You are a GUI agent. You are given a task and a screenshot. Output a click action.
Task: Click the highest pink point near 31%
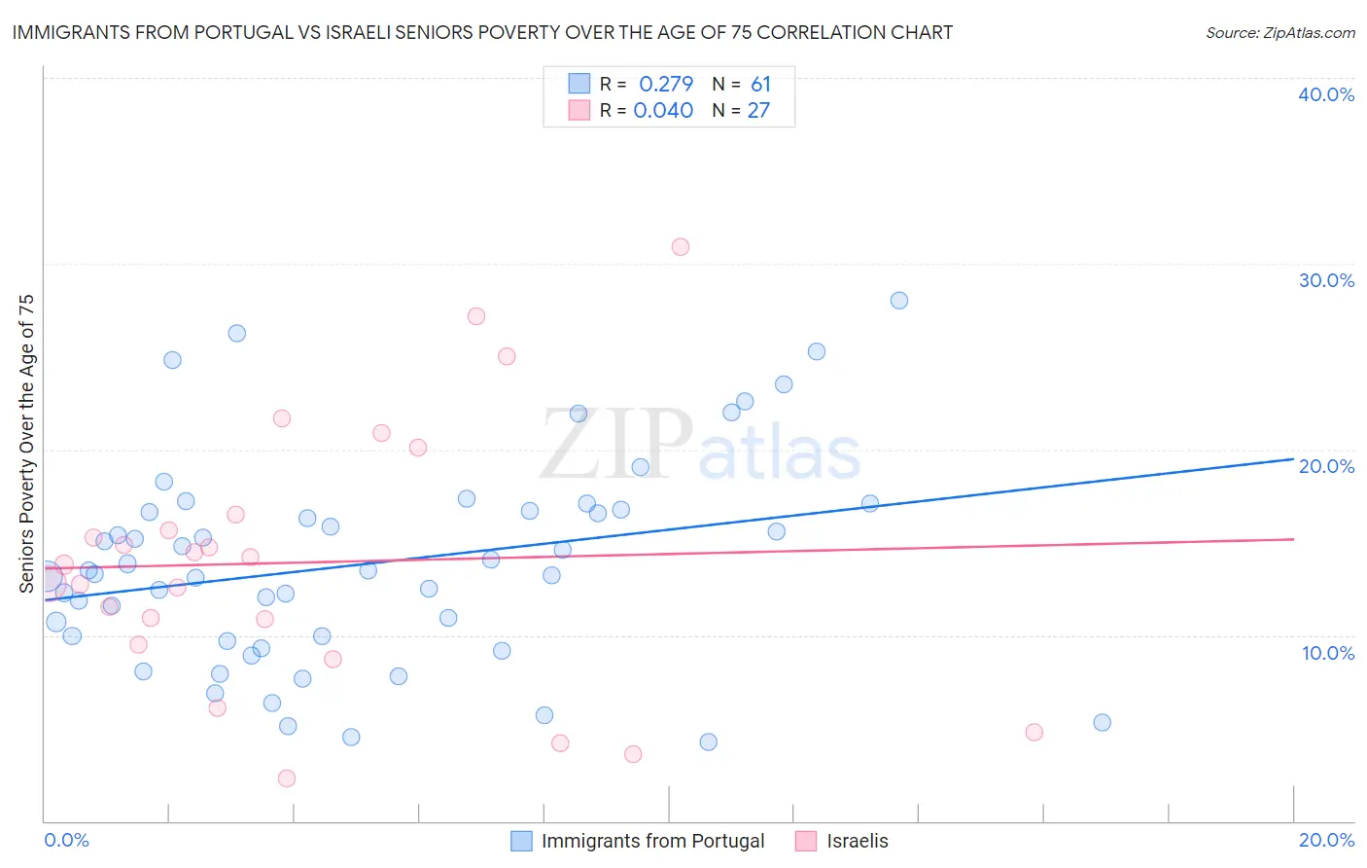pyautogui.click(x=681, y=247)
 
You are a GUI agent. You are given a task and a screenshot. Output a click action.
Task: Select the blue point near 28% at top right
pyautogui.click(x=899, y=301)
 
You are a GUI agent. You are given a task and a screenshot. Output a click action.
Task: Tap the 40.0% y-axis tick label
pyautogui.click(x=1326, y=94)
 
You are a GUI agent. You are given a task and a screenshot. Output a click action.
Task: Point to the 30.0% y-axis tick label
pyautogui.click(x=1326, y=280)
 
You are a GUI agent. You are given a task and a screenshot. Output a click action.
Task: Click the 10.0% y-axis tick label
pyautogui.click(x=1328, y=653)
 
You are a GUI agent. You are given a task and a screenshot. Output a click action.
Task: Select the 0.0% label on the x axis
pyautogui.click(x=66, y=840)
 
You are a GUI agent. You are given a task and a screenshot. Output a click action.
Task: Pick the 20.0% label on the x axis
pyautogui.click(x=1326, y=840)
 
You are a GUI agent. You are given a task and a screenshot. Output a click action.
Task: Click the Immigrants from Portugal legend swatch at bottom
pyautogui.click(x=522, y=841)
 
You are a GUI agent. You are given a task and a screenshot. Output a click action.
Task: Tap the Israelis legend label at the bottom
pyautogui.click(x=858, y=841)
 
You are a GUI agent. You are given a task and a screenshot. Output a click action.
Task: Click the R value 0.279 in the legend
pyautogui.click(x=666, y=85)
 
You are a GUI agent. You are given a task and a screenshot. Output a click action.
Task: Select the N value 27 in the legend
pyautogui.click(x=758, y=111)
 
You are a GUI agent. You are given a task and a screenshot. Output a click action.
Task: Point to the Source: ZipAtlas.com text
pyautogui.click(x=1279, y=33)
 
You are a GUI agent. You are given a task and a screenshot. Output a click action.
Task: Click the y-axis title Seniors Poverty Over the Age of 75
pyautogui.click(x=27, y=444)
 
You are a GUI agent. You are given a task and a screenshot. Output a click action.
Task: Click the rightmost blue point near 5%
pyautogui.click(x=1102, y=723)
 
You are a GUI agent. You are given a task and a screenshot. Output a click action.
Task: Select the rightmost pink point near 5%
pyautogui.click(x=1034, y=733)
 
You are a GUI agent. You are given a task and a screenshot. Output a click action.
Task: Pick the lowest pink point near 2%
pyautogui.click(x=287, y=778)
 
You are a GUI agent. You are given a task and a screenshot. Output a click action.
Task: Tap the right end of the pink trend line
pyautogui.click(x=1293, y=539)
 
